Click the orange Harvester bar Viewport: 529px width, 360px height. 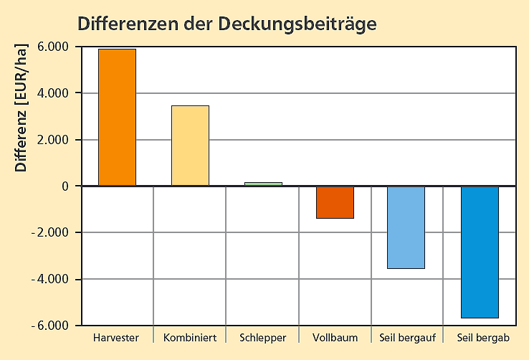click(x=117, y=117)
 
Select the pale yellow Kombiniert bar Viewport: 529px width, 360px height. click(x=190, y=146)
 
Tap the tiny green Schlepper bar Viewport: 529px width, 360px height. click(x=263, y=184)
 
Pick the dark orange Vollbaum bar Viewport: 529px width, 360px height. click(x=335, y=202)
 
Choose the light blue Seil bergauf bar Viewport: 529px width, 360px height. click(x=406, y=227)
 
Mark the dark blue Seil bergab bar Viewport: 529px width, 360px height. click(x=479, y=252)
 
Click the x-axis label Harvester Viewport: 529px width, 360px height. click(x=116, y=337)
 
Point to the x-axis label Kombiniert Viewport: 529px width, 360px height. click(x=190, y=337)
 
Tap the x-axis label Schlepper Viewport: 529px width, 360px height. click(x=263, y=337)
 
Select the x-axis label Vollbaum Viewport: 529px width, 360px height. click(x=335, y=337)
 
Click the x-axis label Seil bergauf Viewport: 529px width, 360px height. click(x=406, y=337)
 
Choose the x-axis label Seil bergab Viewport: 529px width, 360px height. click(x=479, y=337)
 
